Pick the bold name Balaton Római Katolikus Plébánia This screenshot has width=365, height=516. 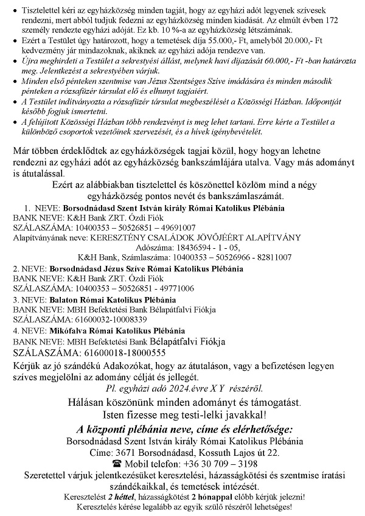tap(112, 299)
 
